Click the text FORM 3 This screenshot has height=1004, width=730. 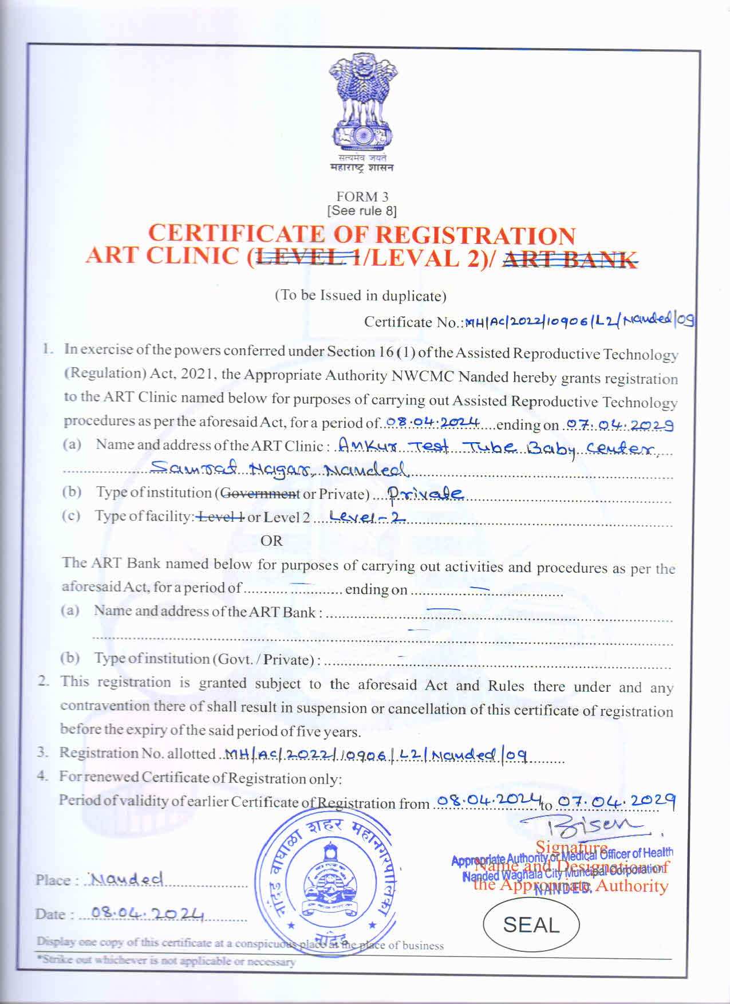362,196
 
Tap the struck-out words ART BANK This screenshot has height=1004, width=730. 570,259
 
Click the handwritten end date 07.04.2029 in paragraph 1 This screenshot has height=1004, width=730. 618,424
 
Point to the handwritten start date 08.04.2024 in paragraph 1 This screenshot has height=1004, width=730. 432,422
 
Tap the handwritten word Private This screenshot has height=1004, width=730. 424,493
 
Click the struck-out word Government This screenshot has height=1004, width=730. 260,493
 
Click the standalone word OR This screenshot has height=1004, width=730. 271,540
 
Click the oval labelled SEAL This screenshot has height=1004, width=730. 531,925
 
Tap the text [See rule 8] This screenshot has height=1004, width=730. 362,211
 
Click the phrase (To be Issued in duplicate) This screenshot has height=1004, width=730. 360,296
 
